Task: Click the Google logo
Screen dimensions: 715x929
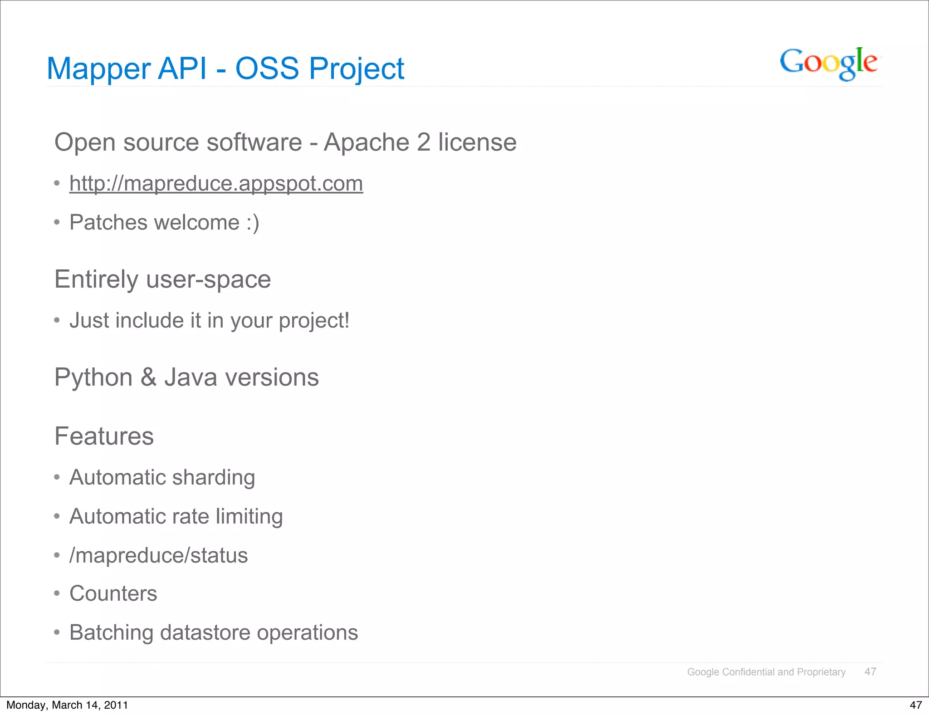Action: pyautogui.click(x=828, y=64)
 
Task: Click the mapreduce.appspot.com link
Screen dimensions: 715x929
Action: pyautogui.click(x=216, y=184)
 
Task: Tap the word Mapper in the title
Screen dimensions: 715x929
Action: pyautogui.click(x=98, y=69)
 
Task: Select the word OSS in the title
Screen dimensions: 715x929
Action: pyautogui.click(x=267, y=69)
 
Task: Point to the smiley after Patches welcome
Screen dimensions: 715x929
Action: pyautogui.click(x=253, y=223)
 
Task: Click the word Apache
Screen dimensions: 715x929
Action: pyautogui.click(x=367, y=142)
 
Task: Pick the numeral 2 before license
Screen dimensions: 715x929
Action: pyautogui.click(x=423, y=142)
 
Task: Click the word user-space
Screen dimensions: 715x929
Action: pyautogui.click(x=208, y=279)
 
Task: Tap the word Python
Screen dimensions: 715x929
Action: pyautogui.click(x=93, y=377)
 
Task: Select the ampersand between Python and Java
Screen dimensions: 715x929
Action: pyautogui.click(x=148, y=377)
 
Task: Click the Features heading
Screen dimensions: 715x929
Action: pyautogui.click(x=104, y=436)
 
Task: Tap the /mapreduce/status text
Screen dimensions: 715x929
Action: pyautogui.click(x=158, y=556)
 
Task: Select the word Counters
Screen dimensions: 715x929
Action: pyautogui.click(x=113, y=594)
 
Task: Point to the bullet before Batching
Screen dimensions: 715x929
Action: pyautogui.click(x=57, y=632)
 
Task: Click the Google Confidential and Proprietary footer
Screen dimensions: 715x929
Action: pyautogui.click(x=766, y=672)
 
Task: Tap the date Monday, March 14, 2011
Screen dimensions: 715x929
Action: pyautogui.click(x=67, y=705)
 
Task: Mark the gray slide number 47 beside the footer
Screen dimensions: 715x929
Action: pyautogui.click(x=870, y=672)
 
